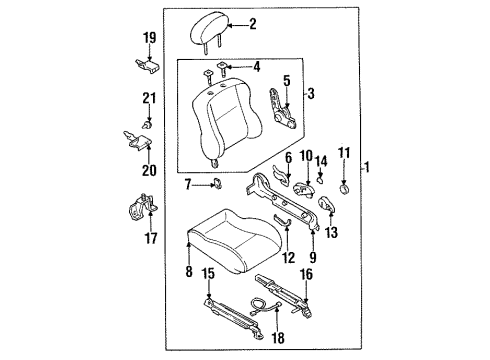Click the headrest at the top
point(209,30)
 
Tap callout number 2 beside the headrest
point(253,24)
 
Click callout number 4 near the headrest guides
point(256,67)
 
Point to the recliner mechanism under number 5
point(283,110)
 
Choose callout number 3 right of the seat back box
point(310,94)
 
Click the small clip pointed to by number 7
point(218,183)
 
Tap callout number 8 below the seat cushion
point(189,271)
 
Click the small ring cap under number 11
point(345,188)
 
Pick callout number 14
point(321,161)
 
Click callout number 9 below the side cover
point(313,257)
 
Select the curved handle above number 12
point(282,221)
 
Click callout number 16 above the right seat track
point(306,275)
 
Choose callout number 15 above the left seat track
point(209,274)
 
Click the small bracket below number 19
point(147,66)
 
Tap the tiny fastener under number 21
point(146,125)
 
